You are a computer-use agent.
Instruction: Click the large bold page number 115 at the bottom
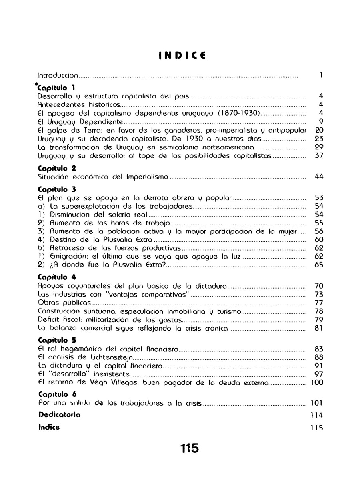click(189, 448)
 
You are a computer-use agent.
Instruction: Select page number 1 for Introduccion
click(321, 75)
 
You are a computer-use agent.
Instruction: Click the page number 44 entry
click(319, 177)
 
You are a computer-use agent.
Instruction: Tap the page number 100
click(317, 383)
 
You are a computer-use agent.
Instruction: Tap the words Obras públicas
click(64, 303)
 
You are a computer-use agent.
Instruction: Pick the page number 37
click(319, 156)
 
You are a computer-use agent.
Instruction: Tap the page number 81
click(319, 329)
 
